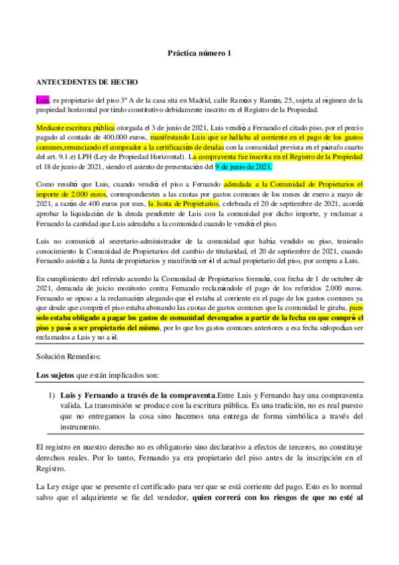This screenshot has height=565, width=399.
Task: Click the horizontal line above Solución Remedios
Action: [199, 345]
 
